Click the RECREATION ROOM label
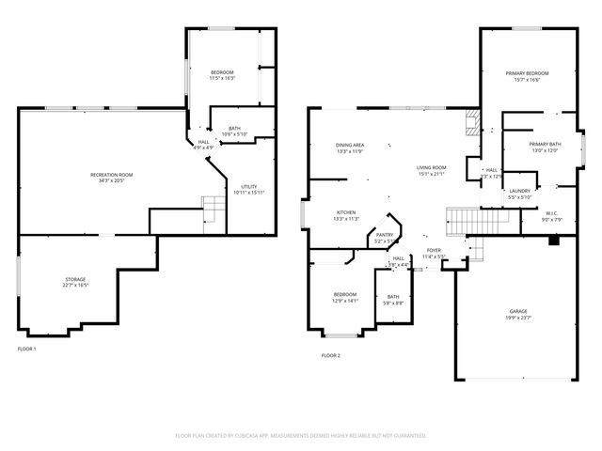[111, 175]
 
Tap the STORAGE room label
[76, 279]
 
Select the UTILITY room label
[249, 187]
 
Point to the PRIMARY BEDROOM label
[527, 73]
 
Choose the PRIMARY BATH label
[545, 145]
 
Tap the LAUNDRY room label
[520, 192]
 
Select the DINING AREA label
[350, 146]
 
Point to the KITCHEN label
[346, 213]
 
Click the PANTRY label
[385, 236]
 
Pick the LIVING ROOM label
[432, 168]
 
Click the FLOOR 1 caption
[27, 349]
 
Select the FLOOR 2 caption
[330, 355]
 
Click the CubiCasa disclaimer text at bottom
[301, 435]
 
